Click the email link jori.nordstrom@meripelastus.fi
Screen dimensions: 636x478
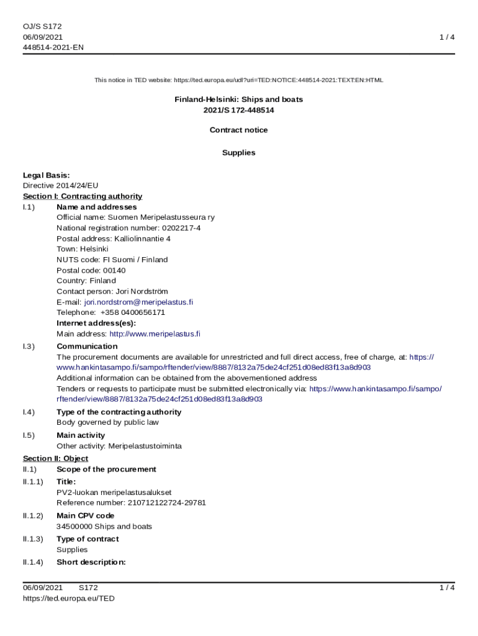[x=138, y=302]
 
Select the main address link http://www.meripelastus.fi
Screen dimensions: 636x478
[x=155, y=334]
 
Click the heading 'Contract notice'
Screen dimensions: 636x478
[x=238, y=130]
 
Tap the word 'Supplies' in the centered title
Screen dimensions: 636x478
[x=238, y=152]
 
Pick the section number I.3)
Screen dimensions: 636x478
[x=29, y=346]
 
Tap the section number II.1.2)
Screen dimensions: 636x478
[x=33, y=516]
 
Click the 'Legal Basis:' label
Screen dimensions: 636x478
[x=46, y=175]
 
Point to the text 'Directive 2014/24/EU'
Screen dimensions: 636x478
[x=60, y=185]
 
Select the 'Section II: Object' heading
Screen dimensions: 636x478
[x=55, y=458]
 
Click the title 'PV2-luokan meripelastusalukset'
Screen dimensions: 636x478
[x=114, y=492]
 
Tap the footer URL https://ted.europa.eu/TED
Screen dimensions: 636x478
[x=68, y=598]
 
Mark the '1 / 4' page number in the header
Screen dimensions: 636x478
[x=447, y=37]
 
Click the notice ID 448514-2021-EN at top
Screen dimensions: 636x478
[x=53, y=47]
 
